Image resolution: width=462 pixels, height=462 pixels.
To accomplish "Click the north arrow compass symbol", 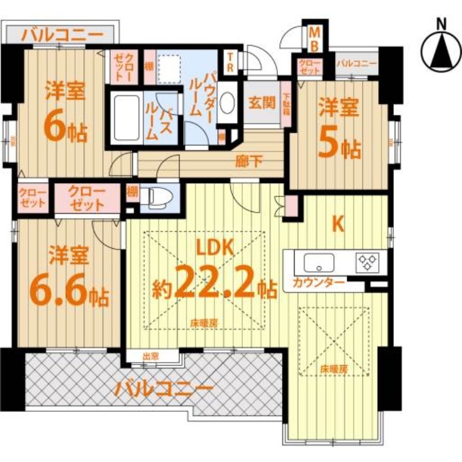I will [x=441, y=49].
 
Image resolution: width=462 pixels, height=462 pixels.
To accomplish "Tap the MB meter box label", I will [x=315, y=38].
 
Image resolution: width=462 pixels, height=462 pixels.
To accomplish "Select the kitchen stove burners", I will [x=368, y=262].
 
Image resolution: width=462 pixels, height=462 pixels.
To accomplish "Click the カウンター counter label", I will [x=319, y=283].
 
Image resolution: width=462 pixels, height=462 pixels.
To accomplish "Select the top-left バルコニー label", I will [x=62, y=35].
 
